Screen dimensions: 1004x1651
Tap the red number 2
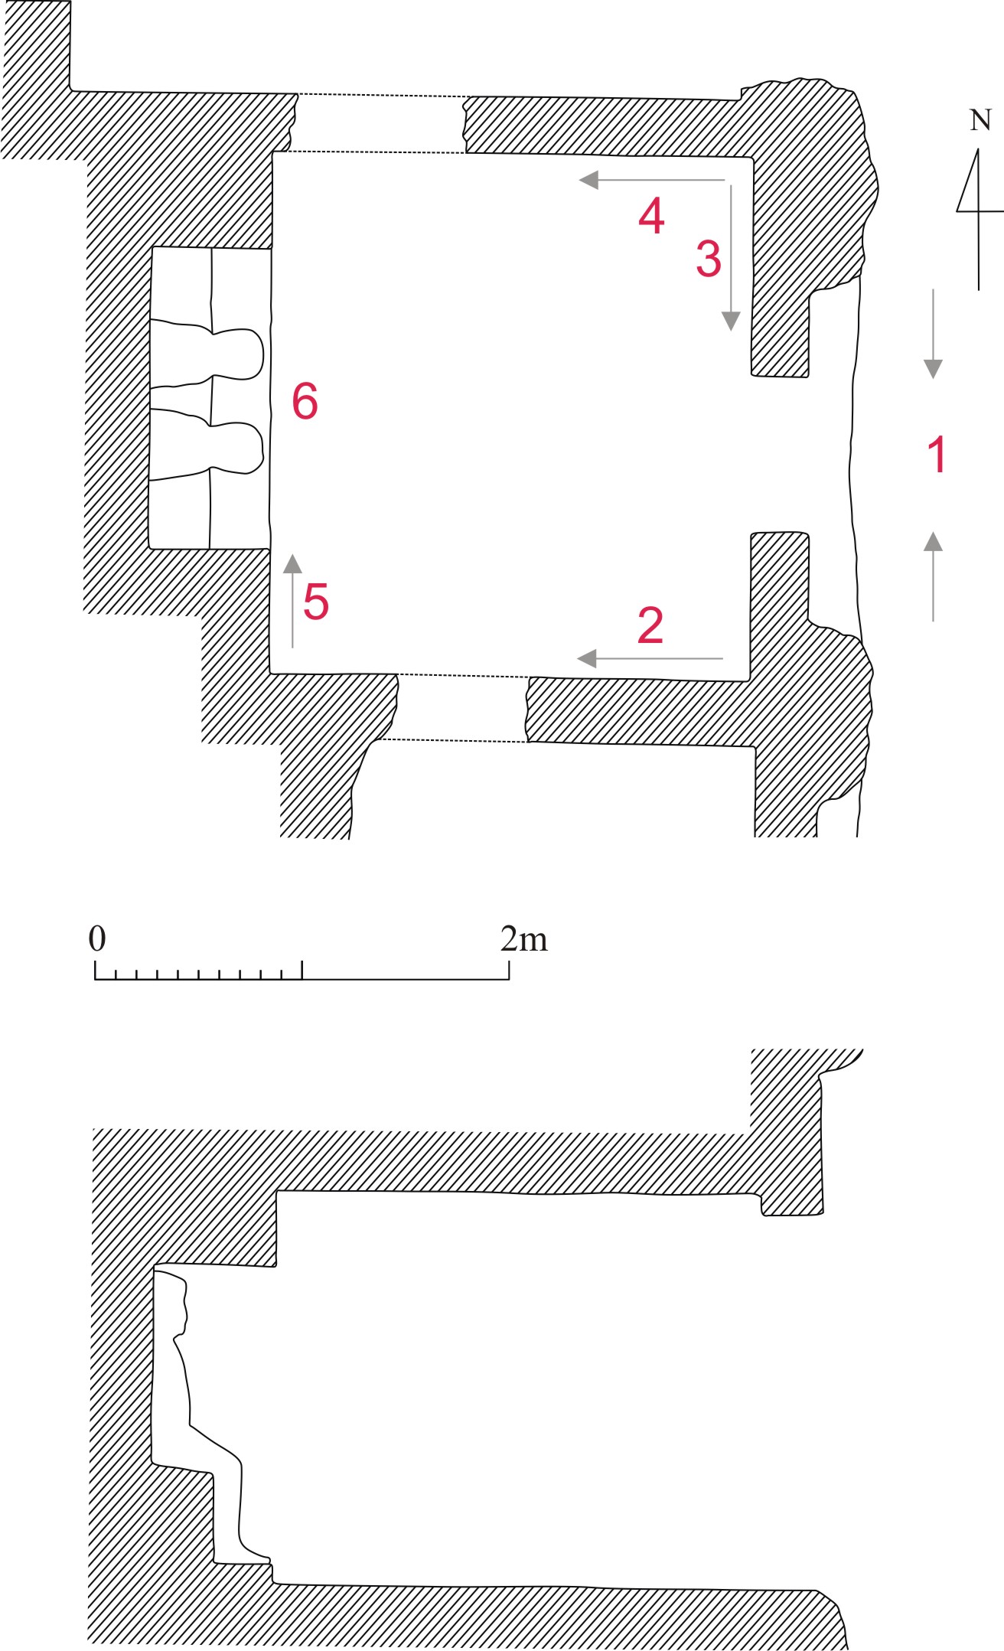pos(650,625)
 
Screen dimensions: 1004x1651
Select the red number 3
pos(709,258)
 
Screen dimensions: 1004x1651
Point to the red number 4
pos(651,215)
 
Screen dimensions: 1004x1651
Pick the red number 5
pos(316,601)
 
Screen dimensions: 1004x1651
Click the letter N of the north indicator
pos(980,120)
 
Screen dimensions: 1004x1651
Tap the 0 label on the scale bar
pos(97,938)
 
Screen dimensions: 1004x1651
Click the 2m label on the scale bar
pos(524,938)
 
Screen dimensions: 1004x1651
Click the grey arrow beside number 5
pos(292,601)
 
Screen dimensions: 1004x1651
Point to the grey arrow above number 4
pos(652,181)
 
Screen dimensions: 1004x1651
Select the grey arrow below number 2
pos(650,658)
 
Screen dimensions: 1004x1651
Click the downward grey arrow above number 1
pos(933,334)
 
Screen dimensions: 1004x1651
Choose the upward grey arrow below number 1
pos(933,576)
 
